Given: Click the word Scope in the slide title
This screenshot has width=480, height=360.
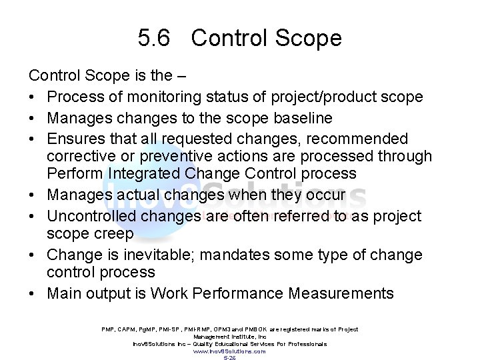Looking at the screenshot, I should (x=309, y=38).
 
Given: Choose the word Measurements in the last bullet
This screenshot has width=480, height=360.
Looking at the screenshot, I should (x=340, y=293).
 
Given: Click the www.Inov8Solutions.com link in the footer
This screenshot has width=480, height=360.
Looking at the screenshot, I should (x=229, y=351).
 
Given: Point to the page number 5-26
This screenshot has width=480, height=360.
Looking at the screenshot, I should (x=229, y=357).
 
